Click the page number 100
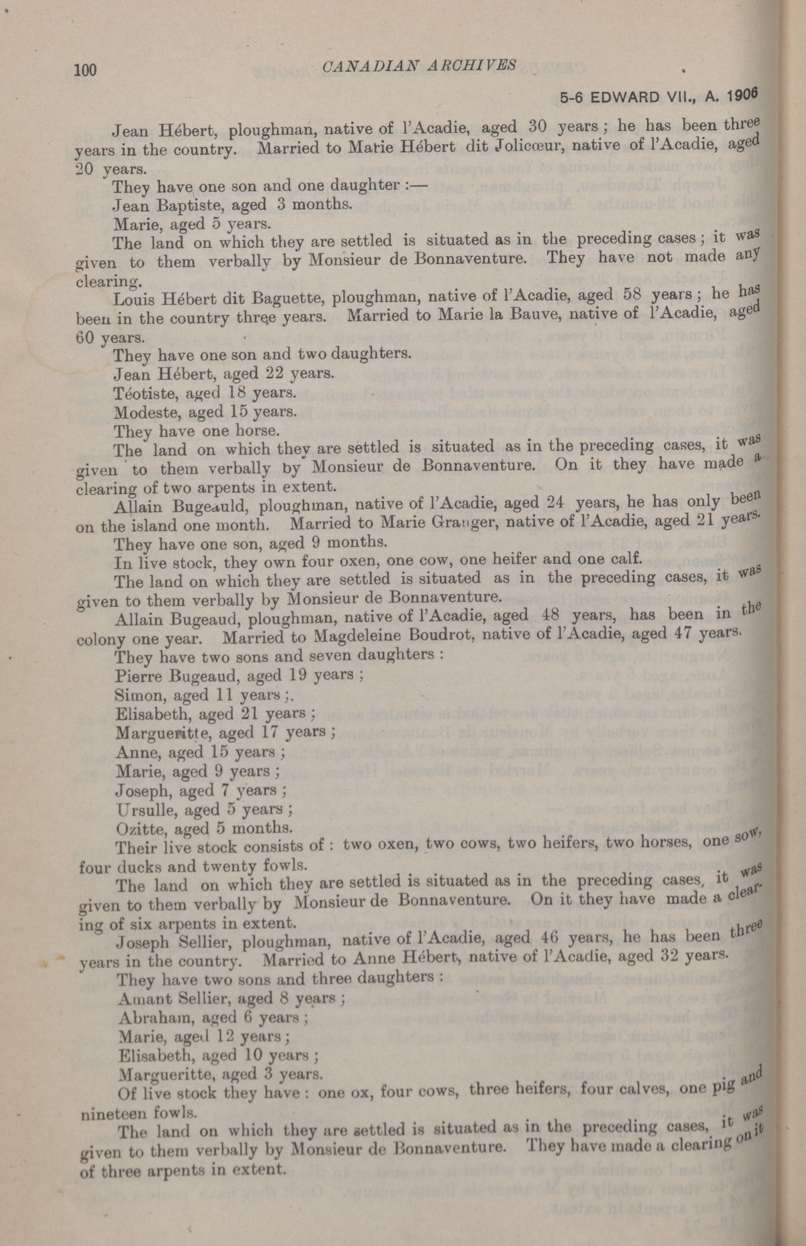point(86,70)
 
